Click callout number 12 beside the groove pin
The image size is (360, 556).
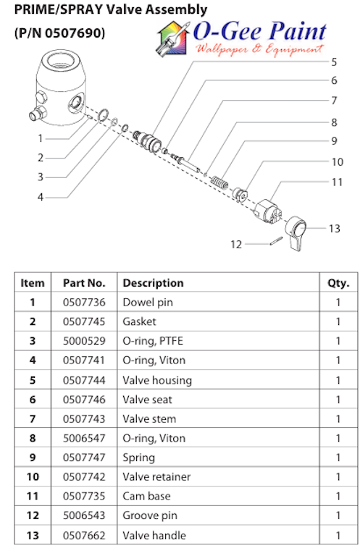click(236, 245)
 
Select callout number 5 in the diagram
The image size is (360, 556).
click(334, 62)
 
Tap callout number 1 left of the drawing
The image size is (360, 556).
click(41, 138)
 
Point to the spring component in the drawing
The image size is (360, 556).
click(219, 184)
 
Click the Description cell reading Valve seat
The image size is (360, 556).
click(147, 399)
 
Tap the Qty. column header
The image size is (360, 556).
click(338, 282)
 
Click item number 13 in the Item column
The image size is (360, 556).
click(33, 535)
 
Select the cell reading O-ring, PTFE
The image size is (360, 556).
click(154, 340)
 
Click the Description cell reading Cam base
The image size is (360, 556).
click(145, 496)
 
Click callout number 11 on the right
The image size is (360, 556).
click(337, 182)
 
